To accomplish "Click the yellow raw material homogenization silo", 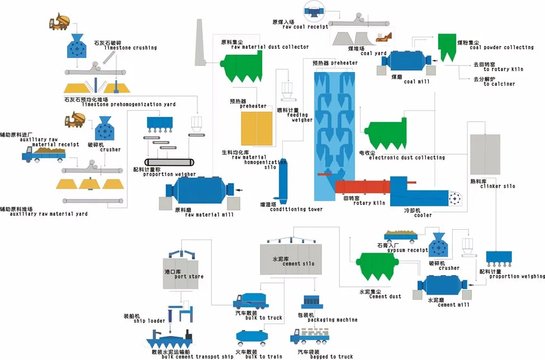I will pyautogui.click(x=255, y=128).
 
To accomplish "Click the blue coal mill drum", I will pyautogui.click(x=406, y=62).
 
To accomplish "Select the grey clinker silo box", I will pyautogui.click(x=485, y=154).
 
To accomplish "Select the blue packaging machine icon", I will pyautogui.click(x=310, y=302).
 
